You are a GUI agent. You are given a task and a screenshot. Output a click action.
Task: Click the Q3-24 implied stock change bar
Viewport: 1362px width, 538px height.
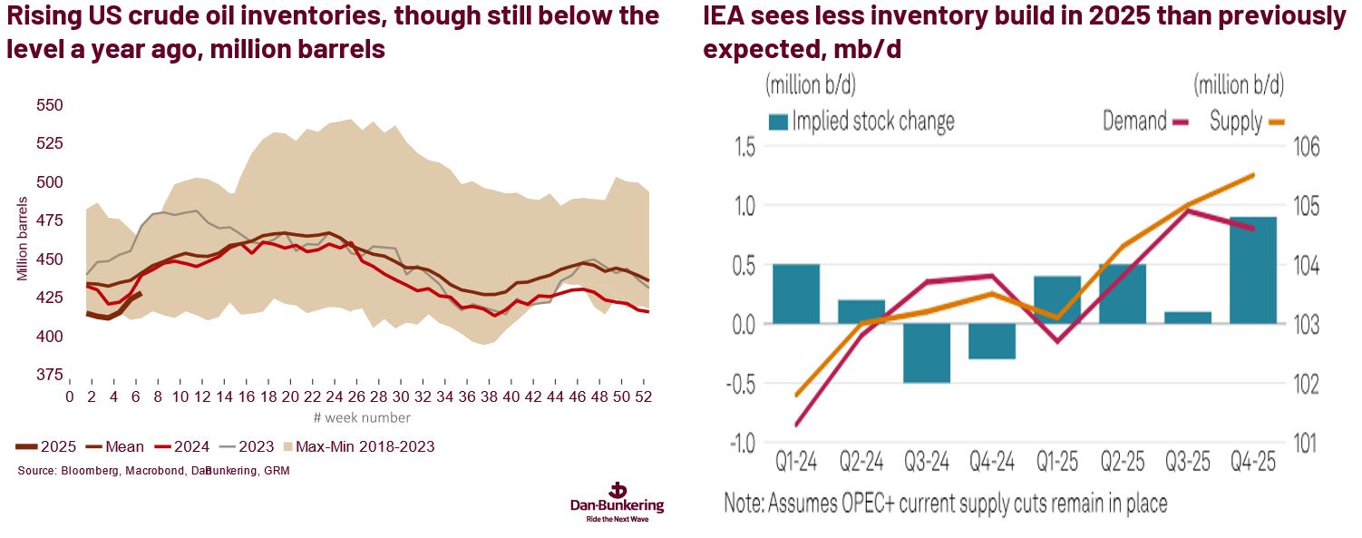[x=927, y=353]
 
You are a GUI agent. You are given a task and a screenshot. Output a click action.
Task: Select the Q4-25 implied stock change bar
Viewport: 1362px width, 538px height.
[x=1253, y=270]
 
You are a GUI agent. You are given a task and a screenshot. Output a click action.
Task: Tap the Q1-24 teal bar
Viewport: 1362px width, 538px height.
[x=796, y=294]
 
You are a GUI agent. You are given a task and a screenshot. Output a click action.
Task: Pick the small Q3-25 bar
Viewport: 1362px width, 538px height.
[x=1188, y=318]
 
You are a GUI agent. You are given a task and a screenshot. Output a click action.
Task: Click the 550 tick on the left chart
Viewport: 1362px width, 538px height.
[x=49, y=105]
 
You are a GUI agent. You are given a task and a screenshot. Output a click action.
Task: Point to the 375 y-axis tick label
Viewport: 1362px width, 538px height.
[x=49, y=375]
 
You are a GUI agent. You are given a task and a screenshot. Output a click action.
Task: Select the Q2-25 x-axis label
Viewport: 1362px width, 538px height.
[x=1123, y=463]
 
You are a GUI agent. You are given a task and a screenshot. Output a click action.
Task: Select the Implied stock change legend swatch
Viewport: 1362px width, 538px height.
[x=777, y=122]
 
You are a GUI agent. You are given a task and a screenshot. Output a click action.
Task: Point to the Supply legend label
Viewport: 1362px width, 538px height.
[x=1235, y=122]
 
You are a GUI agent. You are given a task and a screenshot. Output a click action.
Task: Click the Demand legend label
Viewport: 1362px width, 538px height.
[x=1133, y=122]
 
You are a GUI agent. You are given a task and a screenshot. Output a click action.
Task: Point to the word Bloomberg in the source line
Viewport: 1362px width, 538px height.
[x=86, y=471]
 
